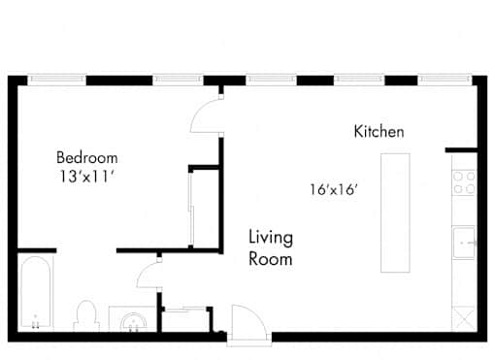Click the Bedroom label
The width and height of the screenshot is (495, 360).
(87, 157)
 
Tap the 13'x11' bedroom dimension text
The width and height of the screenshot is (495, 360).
(87, 177)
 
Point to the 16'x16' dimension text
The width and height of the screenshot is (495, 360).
(334, 189)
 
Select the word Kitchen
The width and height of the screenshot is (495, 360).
(379, 131)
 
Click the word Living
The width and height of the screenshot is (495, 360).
(271, 238)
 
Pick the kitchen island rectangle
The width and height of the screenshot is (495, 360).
(395, 213)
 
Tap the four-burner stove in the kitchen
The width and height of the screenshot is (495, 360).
(464, 182)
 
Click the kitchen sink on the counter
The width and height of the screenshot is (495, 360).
(464, 243)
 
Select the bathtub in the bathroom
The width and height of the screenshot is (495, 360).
(36, 293)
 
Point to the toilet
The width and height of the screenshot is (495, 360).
(86, 315)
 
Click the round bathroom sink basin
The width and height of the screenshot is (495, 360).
(134, 322)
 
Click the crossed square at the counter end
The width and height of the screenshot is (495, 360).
(464, 319)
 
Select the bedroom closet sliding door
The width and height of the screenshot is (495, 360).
(191, 209)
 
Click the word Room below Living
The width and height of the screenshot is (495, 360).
(271, 259)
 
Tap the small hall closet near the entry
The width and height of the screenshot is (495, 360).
(185, 319)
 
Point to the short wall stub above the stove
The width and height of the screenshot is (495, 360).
(461, 150)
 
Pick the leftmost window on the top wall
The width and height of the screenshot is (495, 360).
(56, 80)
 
